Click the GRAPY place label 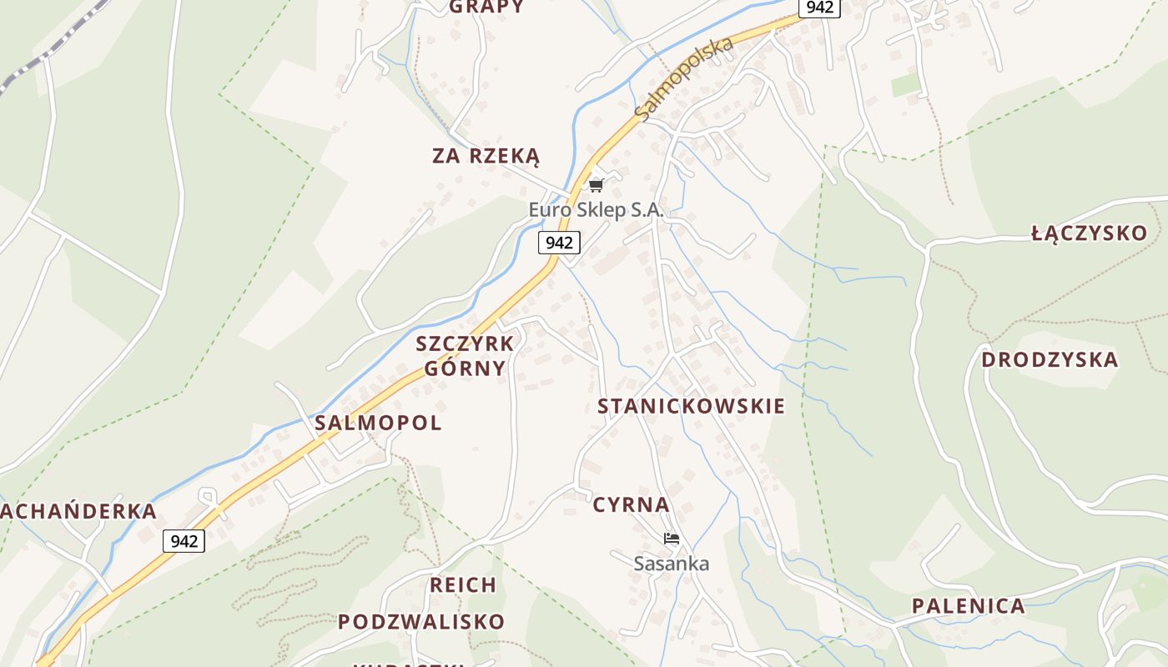pyautogui.click(x=486, y=7)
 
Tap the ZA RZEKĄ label pyautogui.click(x=486, y=156)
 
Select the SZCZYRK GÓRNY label pyautogui.click(x=465, y=356)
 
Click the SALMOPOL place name pyautogui.click(x=378, y=423)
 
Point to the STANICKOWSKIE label pyautogui.click(x=691, y=406)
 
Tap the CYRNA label pyautogui.click(x=631, y=504)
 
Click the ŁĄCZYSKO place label pyautogui.click(x=1090, y=233)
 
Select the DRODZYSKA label pyautogui.click(x=1049, y=360)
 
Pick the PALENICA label pyautogui.click(x=968, y=606)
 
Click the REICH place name pyautogui.click(x=463, y=585)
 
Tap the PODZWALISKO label pyautogui.click(x=421, y=622)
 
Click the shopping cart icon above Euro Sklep pyautogui.click(x=596, y=185)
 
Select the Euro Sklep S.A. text pyautogui.click(x=596, y=210)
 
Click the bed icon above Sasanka pyautogui.click(x=671, y=539)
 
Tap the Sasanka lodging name pyautogui.click(x=671, y=564)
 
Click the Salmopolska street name pyautogui.click(x=683, y=79)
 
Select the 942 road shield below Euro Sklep pyautogui.click(x=559, y=243)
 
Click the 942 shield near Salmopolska pyautogui.click(x=818, y=8)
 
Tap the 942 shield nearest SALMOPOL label pyautogui.click(x=184, y=541)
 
